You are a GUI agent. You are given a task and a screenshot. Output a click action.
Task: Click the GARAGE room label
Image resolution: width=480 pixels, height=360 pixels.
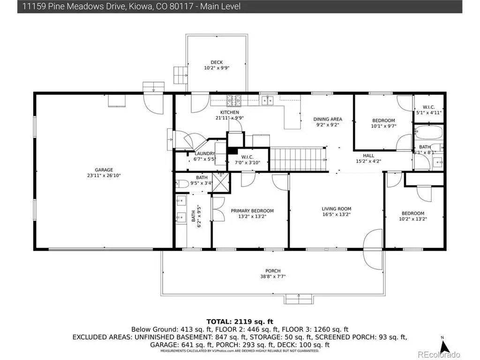[x=104, y=170]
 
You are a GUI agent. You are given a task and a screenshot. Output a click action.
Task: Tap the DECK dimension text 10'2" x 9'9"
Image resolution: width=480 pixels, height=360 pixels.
[x=217, y=68]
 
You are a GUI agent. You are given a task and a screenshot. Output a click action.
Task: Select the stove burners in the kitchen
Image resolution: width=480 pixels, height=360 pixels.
[x=233, y=100]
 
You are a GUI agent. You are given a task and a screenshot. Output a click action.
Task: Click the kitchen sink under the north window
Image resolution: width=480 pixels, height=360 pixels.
[x=267, y=100]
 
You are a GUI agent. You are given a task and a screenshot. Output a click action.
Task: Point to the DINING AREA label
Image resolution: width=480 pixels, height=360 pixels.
[x=328, y=119]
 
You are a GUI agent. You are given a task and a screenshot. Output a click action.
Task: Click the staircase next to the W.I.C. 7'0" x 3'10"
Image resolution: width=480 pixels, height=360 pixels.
[x=298, y=159]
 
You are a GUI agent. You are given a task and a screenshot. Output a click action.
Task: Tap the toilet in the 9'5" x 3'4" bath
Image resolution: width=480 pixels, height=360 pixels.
[x=182, y=184]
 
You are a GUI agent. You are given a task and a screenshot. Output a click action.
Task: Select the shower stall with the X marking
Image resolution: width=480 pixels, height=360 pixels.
[x=221, y=182]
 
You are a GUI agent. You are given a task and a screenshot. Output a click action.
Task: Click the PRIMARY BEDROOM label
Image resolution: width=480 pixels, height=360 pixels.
[x=252, y=211]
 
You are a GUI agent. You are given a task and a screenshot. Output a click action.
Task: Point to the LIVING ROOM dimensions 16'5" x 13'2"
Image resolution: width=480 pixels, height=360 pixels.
[x=337, y=215]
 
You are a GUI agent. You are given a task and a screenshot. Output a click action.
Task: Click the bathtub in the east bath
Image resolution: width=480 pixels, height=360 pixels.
[x=428, y=132]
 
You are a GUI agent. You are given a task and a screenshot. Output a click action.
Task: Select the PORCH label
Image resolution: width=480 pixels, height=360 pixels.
[x=273, y=271]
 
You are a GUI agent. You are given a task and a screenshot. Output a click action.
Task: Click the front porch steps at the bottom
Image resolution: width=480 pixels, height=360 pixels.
[x=299, y=299]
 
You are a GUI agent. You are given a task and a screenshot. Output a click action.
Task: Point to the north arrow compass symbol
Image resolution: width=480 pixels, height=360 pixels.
[x=444, y=346]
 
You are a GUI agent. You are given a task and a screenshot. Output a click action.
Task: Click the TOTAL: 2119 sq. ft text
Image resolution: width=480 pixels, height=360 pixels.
[x=240, y=322]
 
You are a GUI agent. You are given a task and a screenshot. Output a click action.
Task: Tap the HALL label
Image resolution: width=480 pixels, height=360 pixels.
[x=368, y=156]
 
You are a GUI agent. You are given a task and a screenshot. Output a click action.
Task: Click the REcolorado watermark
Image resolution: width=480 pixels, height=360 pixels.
[x=439, y=354]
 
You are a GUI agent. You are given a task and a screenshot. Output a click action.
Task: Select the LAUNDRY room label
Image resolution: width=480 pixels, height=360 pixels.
[x=205, y=153]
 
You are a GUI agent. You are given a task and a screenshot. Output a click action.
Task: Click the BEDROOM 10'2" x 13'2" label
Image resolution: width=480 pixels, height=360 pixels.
[x=413, y=216]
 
